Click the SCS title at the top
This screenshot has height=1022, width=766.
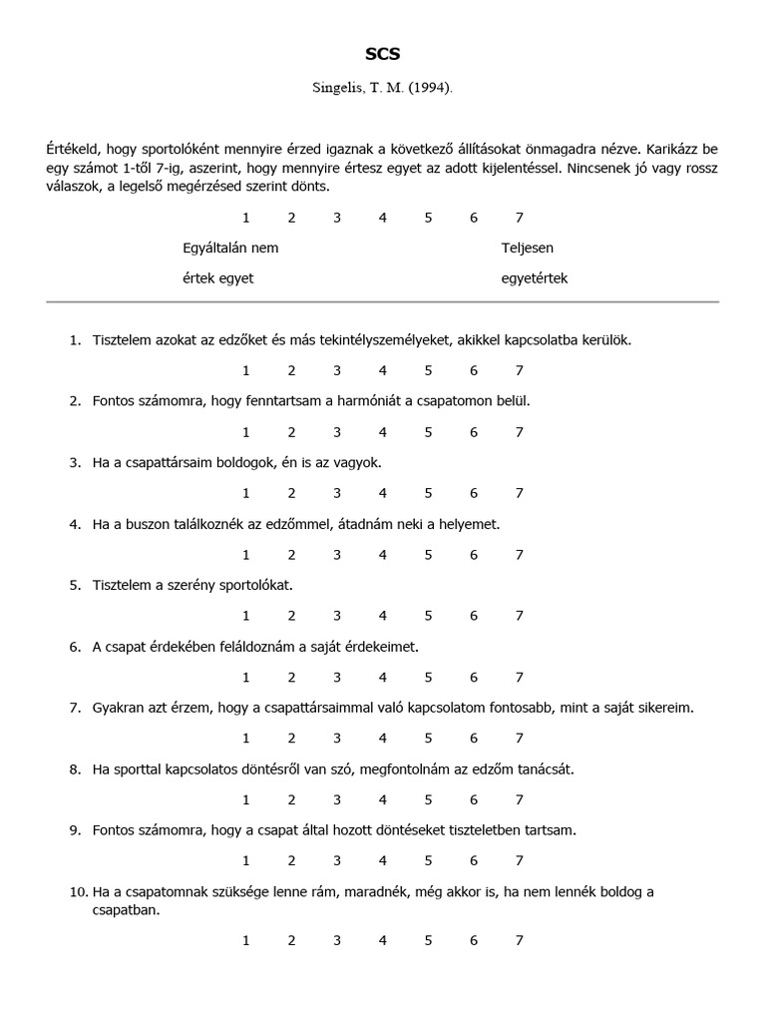382,55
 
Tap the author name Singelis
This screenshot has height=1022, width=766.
341,88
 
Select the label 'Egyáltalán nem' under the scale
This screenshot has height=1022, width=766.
230,248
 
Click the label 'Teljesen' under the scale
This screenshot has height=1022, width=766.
527,248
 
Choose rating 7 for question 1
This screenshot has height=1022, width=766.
519,371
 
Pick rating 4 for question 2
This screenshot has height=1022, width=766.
382,432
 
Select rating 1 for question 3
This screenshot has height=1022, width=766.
245,493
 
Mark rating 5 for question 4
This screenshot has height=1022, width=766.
428,555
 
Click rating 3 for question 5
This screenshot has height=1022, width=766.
337,616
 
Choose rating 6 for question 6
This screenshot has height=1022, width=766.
474,678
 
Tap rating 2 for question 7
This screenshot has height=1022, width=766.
291,739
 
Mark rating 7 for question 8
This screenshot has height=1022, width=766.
519,799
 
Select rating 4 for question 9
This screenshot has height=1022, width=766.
382,860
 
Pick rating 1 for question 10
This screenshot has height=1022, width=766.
245,940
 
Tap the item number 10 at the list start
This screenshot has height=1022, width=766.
77,891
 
